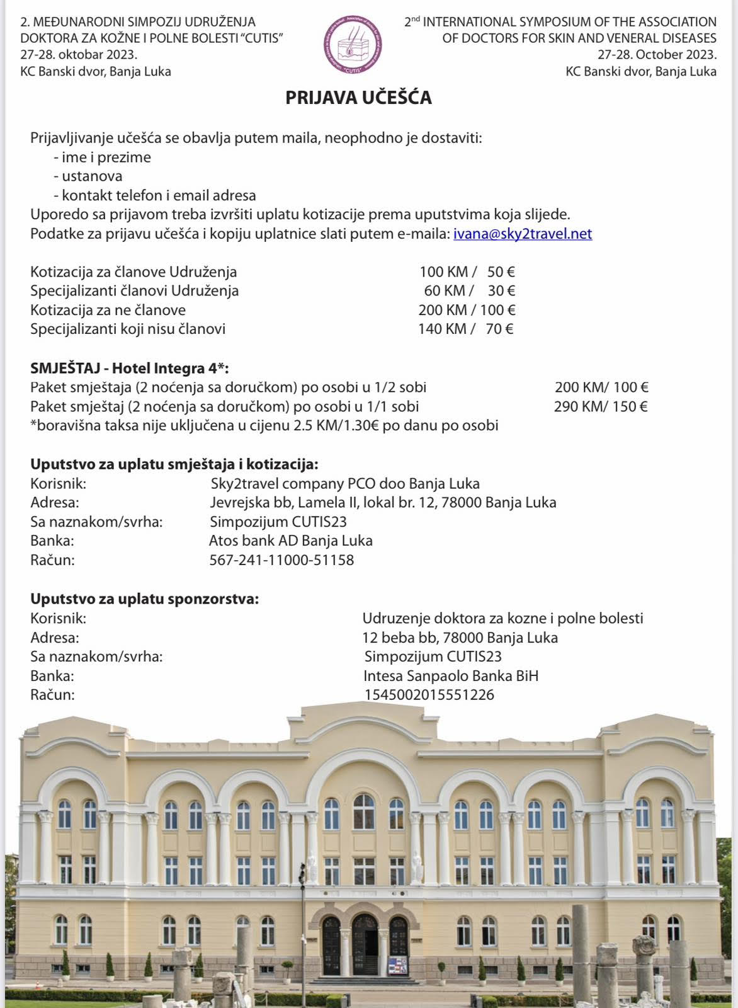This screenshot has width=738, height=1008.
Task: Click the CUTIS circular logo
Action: (353, 45)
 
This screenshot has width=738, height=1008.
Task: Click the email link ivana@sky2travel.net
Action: (523, 234)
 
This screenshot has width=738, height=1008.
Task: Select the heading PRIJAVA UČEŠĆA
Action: (358, 98)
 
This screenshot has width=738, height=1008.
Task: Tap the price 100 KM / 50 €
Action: (467, 272)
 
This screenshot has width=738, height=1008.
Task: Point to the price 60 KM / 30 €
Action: (469, 291)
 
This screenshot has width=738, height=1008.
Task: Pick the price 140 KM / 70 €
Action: (465, 329)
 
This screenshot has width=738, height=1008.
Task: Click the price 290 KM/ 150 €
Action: (601, 406)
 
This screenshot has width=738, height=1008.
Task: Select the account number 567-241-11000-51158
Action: (281, 560)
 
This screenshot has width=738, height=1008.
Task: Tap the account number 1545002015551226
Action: (429, 695)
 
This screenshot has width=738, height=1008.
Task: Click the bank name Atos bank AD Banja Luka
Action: (290, 541)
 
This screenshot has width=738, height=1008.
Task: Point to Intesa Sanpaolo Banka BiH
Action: (451, 676)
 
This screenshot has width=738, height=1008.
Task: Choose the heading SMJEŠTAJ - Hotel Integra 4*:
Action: (130, 369)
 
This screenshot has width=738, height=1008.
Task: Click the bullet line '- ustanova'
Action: (88, 176)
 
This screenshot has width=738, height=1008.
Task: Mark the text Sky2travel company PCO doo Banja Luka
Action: (345, 484)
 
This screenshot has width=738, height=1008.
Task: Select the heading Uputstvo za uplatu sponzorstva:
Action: (144, 598)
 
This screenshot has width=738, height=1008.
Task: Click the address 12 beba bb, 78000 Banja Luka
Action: (460, 638)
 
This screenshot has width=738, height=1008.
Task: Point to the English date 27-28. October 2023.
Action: (657, 55)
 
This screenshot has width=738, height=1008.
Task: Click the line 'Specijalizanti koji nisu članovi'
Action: (128, 329)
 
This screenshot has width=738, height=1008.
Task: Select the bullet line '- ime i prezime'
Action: (102, 157)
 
